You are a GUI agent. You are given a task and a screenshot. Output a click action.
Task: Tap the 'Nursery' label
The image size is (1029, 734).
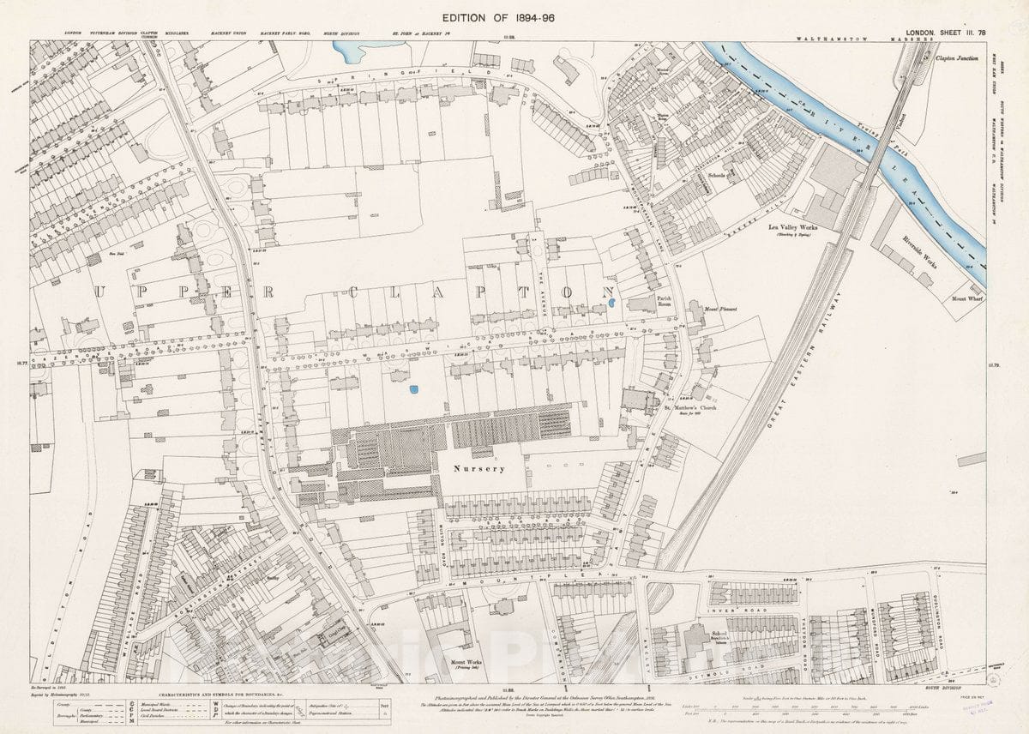coord(479,469)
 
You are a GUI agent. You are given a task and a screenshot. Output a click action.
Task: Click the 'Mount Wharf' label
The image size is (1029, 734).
coord(961,299)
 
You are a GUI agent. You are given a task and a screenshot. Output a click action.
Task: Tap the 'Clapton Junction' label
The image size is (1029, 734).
coord(957,59)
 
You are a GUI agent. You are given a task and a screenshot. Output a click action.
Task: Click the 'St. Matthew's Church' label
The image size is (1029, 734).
coord(690,407)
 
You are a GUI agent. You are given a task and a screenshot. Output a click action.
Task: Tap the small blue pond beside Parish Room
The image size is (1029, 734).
coord(611,303)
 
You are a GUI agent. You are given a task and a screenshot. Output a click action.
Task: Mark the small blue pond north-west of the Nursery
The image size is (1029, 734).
coord(414,389)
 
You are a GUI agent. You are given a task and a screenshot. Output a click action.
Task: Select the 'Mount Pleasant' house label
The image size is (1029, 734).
coord(720,309)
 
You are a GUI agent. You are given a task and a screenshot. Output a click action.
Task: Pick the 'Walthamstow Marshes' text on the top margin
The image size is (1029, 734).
coord(863,39)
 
